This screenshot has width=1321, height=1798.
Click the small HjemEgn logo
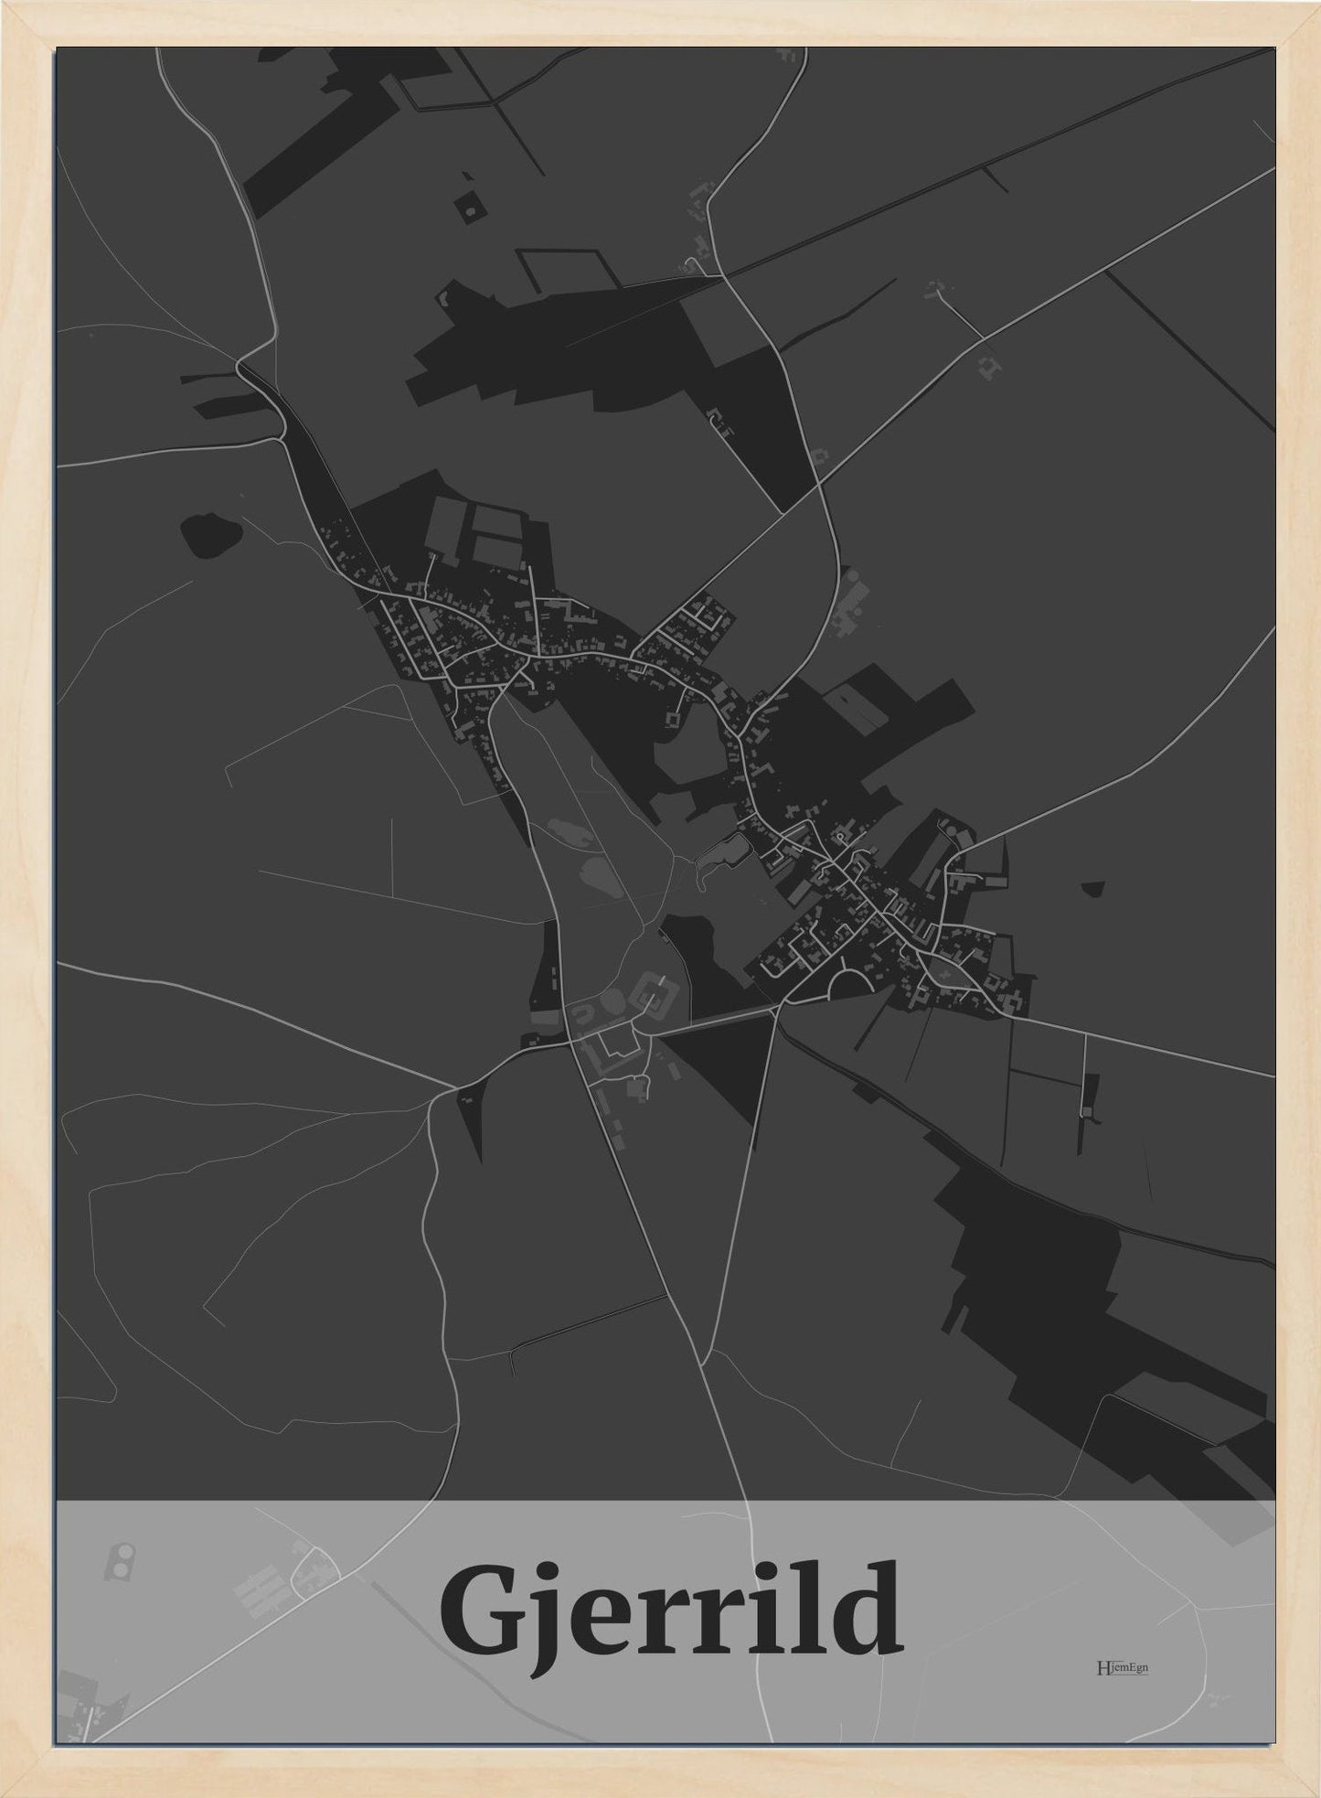1122,1667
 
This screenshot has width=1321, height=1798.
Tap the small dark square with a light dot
470,207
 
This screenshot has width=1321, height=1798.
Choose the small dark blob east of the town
1092,888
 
